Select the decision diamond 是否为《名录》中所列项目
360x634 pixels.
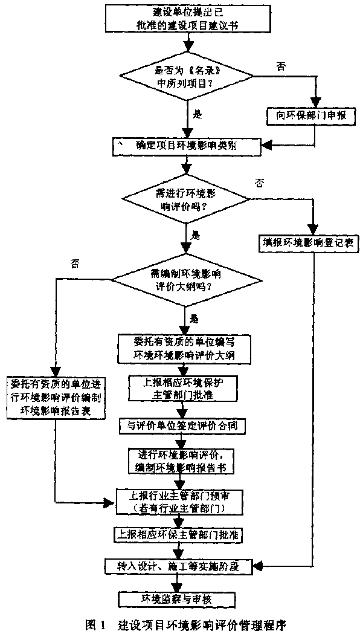click(188, 76)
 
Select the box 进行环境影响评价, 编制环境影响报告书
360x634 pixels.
click(182, 461)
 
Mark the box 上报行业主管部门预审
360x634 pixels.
click(181, 501)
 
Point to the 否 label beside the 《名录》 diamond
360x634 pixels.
click(280, 66)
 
